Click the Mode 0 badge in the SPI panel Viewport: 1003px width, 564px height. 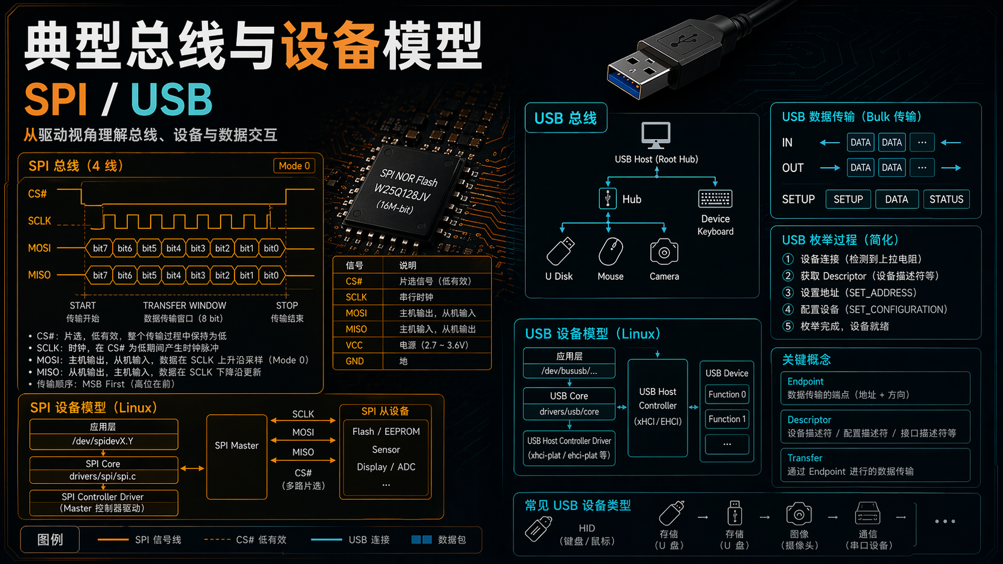[294, 166]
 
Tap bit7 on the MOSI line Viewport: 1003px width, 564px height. [100, 248]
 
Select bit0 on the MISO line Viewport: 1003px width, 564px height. [271, 275]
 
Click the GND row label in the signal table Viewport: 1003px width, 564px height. [355, 361]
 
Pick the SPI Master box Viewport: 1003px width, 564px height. [236, 457]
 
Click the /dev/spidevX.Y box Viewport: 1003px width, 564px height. [103, 442]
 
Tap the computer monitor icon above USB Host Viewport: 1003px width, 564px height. [656, 135]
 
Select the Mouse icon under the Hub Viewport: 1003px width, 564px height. [611, 252]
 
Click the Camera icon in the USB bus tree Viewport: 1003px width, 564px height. [664, 252]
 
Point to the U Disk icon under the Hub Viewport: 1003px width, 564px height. [560, 251]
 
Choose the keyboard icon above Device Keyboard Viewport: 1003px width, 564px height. [715, 199]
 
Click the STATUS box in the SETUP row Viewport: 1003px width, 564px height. [946, 200]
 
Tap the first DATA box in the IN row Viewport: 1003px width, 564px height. [860, 143]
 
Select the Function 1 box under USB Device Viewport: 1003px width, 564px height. [726, 419]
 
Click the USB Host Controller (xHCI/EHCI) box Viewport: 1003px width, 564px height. [657, 408]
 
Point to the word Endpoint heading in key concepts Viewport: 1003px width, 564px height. [805, 382]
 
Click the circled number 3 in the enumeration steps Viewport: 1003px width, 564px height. [788, 293]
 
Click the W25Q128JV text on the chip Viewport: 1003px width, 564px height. [402, 192]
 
